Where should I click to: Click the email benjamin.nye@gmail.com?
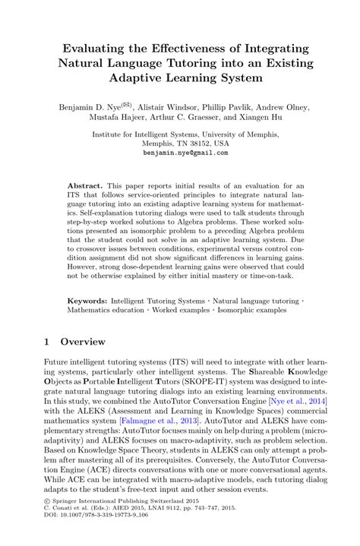pos(185,152)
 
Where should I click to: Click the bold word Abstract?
pos(85,185)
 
